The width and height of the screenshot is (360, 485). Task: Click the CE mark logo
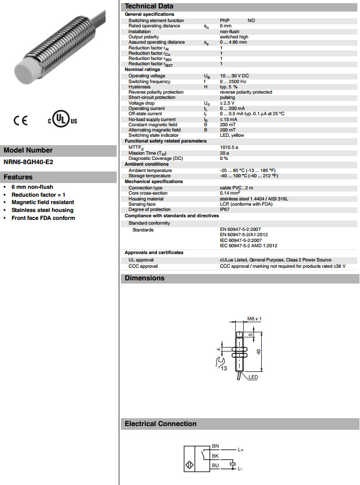coord(20,120)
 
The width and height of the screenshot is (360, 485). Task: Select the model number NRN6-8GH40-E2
coord(28,162)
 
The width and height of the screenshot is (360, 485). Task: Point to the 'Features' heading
coord(18,177)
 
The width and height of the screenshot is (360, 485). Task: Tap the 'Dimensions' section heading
coord(145,278)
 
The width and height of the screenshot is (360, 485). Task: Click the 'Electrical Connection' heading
coord(160,424)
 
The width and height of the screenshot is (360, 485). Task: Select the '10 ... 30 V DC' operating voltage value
coord(234,76)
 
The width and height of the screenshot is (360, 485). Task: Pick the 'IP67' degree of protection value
coord(224,209)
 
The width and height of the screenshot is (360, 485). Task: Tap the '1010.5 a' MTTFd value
coord(229,147)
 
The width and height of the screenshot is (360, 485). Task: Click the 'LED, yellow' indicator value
coord(232,135)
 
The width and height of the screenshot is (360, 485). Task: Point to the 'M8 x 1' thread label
coord(254,319)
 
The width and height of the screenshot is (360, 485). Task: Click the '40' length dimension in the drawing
coord(258,352)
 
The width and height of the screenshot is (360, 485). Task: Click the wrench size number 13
coord(223,369)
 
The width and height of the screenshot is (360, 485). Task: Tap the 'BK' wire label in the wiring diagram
coord(215,456)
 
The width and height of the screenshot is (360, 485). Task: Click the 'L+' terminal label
coord(241,450)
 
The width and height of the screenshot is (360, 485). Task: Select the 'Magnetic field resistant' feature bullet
coord(43,202)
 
